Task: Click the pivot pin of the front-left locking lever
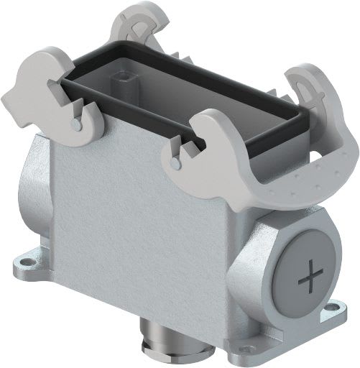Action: tap(76, 125)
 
